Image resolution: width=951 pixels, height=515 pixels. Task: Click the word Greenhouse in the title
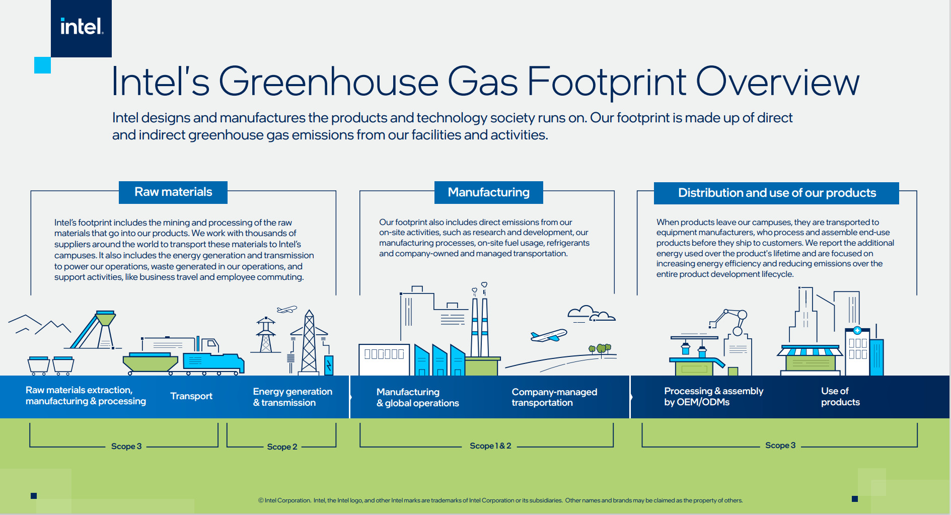(x=328, y=82)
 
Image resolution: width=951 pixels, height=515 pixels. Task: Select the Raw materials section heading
(x=173, y=192)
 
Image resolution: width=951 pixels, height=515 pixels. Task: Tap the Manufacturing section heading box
(x=488, y=192)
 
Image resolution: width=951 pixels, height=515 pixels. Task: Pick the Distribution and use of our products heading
(x=776, y=193)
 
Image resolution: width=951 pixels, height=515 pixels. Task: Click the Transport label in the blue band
(x=191, y=396)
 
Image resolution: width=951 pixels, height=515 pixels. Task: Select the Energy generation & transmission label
(x=292, y=397)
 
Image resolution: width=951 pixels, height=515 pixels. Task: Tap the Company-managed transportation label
(x=554, y=397)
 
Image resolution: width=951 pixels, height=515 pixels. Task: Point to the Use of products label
(x=840, y=397)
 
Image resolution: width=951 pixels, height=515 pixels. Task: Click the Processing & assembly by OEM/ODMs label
(x=713, y=397)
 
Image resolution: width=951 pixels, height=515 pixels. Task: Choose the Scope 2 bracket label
(x=282, y=447)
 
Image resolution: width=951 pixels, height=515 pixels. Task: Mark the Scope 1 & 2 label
(x=490, y=446)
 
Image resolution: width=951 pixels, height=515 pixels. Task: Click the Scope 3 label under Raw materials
(x=126, y=447)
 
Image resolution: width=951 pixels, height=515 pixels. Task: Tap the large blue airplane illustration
(x=549, y=336)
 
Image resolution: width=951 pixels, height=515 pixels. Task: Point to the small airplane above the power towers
(x=287, y=310)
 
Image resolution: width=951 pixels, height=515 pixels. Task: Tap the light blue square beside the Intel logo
(x=42, y=65)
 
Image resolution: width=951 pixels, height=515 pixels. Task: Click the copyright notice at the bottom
(x=500, y=500)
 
